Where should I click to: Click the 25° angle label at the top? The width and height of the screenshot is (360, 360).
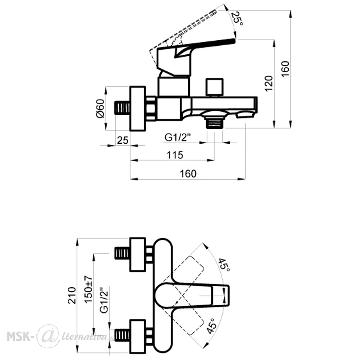point(237,18)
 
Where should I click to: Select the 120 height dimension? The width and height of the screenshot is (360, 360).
point(269,84)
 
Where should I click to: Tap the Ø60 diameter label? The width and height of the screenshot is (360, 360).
point(100,108)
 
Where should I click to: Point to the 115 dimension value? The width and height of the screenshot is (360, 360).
point(175,155)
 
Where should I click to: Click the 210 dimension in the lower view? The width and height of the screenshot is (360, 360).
point(72,296)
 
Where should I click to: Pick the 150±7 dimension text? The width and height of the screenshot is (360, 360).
point(89,289)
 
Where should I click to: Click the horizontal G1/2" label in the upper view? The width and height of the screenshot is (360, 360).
point(178,138)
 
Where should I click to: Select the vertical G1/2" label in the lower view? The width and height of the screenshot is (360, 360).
point(104,300)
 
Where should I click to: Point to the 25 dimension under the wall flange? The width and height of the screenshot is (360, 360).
point(123,140)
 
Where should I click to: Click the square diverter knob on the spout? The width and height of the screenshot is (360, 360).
point(215,86)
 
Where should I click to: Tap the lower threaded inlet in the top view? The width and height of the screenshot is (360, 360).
point(122,335)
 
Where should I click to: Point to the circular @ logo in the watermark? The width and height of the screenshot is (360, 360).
point(48,336)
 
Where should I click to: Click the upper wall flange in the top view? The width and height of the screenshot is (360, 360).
point(138,255)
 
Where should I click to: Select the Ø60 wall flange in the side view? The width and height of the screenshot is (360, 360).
point(138,109)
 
